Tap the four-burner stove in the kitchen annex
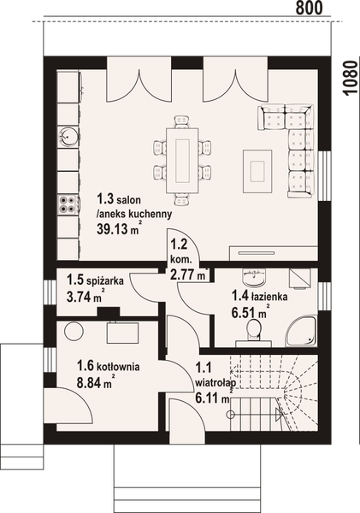coord(68,203)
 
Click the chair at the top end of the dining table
coord(181,121)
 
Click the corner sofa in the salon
coord(291,145)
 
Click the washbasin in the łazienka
coord(254,277)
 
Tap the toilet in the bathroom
coord(253,331)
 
